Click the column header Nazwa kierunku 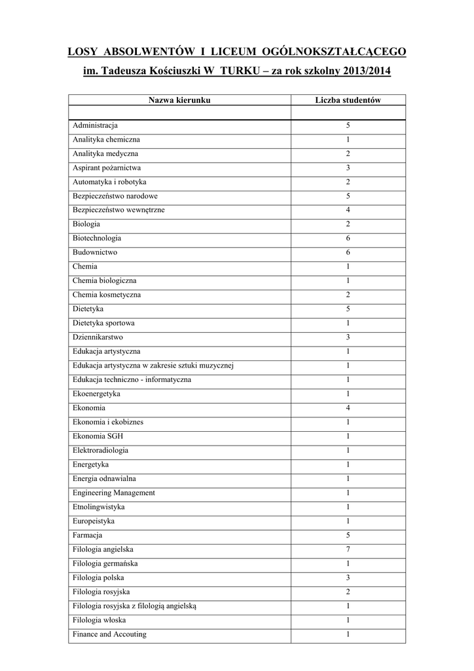(x=179, y=100)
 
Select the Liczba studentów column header (x=348, y=100)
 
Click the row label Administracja (x=96, y=125)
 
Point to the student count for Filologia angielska (x=348, y=550)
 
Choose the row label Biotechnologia (x=97, y=239)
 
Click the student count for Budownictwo (x=348, y=252)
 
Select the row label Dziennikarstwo (x=98, y=337)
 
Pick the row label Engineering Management (x=114, y=493)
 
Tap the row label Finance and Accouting (x=110, y=634)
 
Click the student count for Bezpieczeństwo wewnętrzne (x=348, y=210)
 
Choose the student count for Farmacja (x=348, y=535)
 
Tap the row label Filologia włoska (x=100, y=620)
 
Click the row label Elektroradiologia (x=101, y=451)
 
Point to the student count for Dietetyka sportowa (x=348, y=324)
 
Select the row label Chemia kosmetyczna (x=107, y=295)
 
